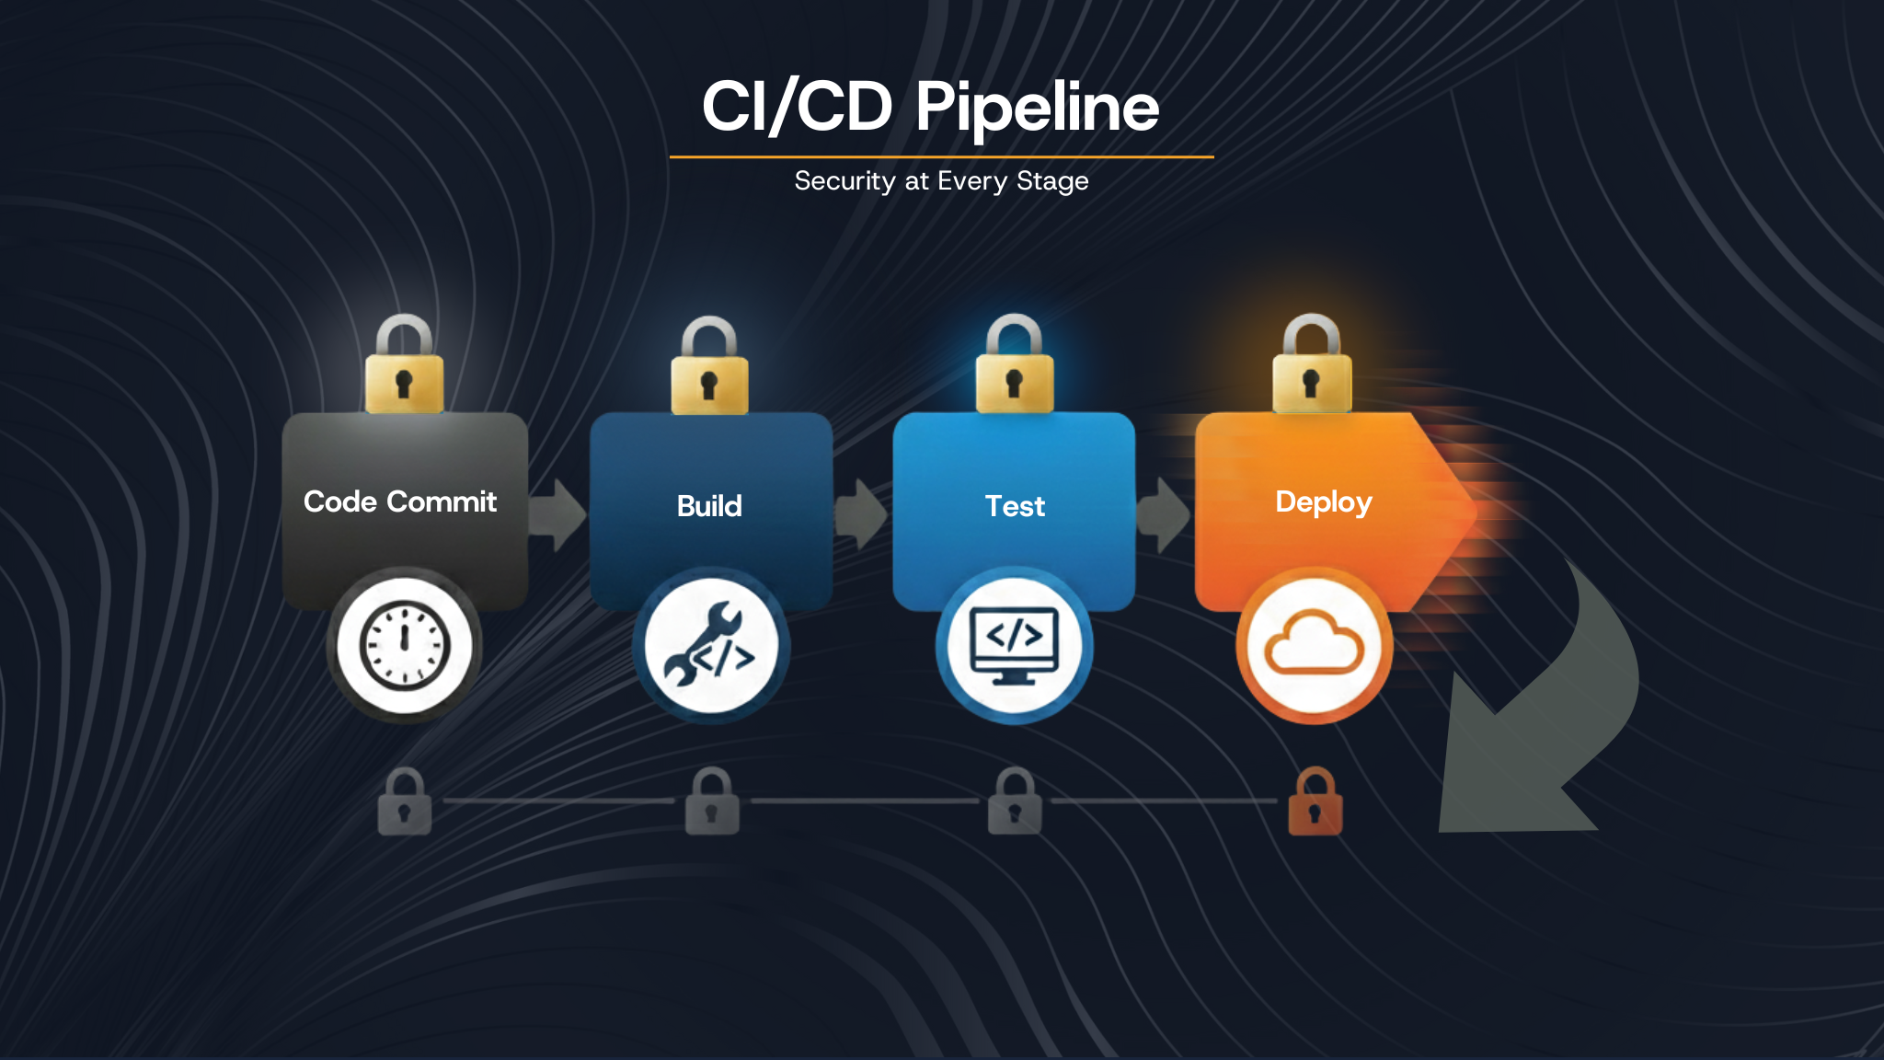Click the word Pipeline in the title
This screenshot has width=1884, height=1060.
coord(1037,108)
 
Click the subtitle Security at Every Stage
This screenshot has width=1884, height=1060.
coord(941,181)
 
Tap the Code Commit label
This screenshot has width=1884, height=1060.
coord(400,501)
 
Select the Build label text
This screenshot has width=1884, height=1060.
coord(709,506)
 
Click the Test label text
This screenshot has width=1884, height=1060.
coord(1015,506)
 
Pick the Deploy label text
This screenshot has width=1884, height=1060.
coord(1323,502)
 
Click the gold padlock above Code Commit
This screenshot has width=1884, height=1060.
coord(404,368)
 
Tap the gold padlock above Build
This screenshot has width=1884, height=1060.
coord(709,370)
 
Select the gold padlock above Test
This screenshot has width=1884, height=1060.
coord(1014,368)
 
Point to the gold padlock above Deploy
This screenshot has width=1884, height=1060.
coord(1312,368)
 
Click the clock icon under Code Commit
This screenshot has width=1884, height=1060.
coord(404,645)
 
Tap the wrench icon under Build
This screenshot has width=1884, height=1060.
coord(710,646)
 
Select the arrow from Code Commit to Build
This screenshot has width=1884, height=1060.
coord(557,514)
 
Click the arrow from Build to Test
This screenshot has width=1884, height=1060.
coord(861,514)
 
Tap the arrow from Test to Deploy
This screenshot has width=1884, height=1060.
coord(1164,514)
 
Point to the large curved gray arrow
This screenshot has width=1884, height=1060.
coord(1545,727)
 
